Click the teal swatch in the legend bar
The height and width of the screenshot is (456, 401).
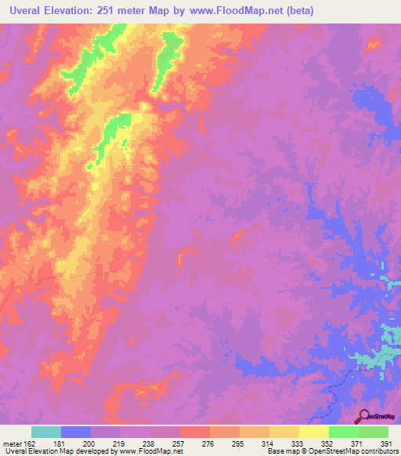tap(46, 432)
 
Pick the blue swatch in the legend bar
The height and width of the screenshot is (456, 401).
tap(76, 432)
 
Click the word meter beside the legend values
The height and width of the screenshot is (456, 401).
tap(10, 443)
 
